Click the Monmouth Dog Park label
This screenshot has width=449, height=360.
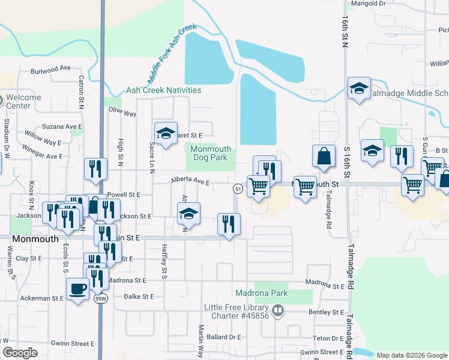tap(209, 153)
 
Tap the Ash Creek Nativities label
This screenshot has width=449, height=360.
tap(163, 91)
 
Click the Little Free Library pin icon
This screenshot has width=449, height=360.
tap(277, 311)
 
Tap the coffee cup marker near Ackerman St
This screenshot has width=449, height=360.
tap(77, 289)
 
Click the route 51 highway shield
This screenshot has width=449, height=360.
tap(238, 189)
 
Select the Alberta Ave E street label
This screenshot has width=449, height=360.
tap(190, 181)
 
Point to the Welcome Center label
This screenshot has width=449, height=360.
tap(23, 101)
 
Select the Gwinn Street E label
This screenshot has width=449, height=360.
tap(72, 344)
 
